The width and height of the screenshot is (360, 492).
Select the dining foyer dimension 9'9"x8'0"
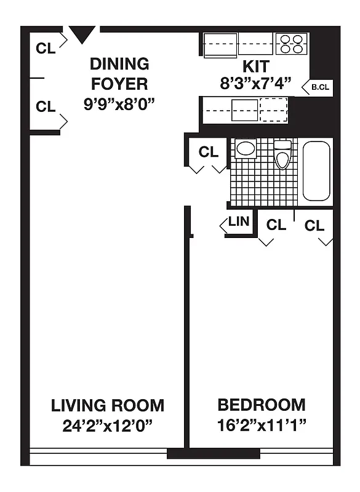119,103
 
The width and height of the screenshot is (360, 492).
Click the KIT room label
255,65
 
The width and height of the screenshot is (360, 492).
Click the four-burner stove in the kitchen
292,44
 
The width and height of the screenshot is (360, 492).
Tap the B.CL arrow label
318,87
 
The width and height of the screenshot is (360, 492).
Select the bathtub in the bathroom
316,171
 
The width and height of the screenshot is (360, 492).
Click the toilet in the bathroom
282,155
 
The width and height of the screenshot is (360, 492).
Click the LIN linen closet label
238,222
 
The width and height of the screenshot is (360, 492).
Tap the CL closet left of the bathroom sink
208,151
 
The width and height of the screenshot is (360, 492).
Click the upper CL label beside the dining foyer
46,48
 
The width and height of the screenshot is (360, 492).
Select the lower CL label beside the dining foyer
46,106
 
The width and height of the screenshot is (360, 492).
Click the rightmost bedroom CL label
314,226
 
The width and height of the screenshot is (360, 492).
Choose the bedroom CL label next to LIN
276,225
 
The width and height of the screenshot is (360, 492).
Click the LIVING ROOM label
108,405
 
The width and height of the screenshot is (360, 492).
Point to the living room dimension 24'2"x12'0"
108,425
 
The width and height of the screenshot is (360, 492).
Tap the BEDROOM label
262,405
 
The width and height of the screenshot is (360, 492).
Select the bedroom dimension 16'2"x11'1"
262,425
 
